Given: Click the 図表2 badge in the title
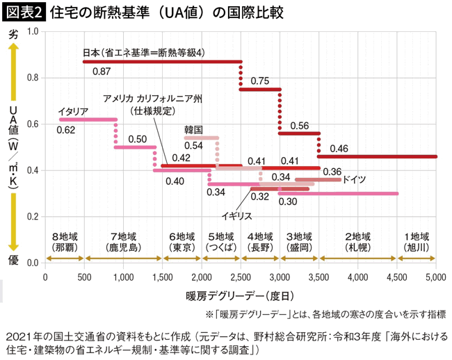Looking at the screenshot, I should (x=23, y=13).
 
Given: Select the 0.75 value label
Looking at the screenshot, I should (x=259, y=81).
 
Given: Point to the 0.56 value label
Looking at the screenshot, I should (x=299, y=125).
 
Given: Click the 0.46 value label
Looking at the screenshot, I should (x=339, y=148).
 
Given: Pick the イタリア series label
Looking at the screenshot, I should (x=72, y=111).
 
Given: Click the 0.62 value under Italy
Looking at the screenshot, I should (x=66, y=130).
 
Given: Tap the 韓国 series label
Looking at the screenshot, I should (x=193, y=129).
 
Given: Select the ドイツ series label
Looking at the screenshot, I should (x=355, y=179).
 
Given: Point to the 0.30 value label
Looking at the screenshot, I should (x=287, y=202).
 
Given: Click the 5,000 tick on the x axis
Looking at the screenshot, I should (x=435, y=277).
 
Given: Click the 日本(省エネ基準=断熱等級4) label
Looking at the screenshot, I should (x=143, y=52).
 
